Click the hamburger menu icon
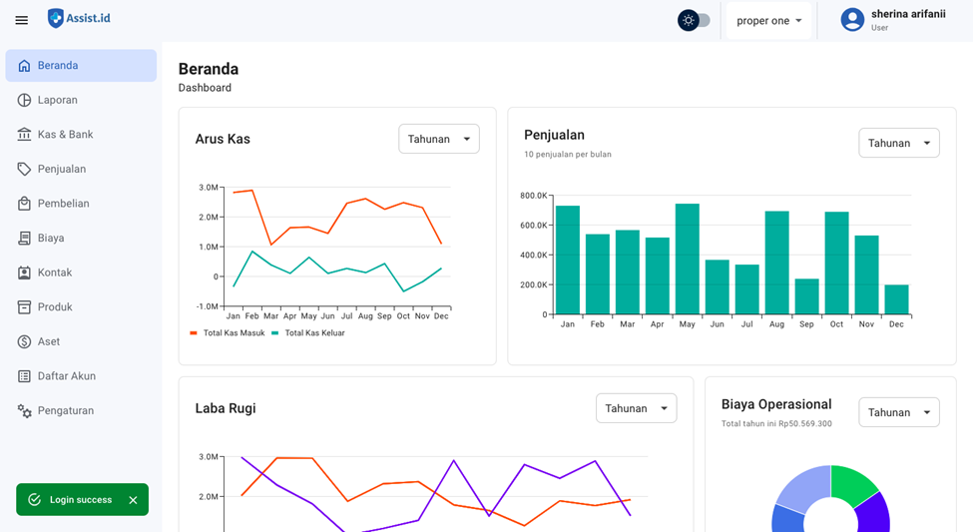[x=22, y=20]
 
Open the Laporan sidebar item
[x=58, y=100]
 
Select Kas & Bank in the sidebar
[x=65, y=135]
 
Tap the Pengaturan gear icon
[x=25, y=411]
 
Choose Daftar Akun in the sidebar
[x=66, y=376]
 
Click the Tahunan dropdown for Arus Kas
[x=439, y=139]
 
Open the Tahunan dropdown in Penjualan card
[x=898, y=143]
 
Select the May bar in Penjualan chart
[x=687, y=260]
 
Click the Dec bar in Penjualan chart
[x=896, y=299]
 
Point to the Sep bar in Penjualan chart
[x=806, y=296]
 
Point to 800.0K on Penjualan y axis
[x=534, y=196]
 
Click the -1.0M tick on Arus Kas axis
[x=208, y=306]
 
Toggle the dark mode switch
[x=695, y=20]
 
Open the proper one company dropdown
[x=769, y=20]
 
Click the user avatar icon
[x=851, y=20]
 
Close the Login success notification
[x=133, y=500]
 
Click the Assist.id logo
[x=79, y=18]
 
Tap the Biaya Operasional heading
[x=776, y=404]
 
